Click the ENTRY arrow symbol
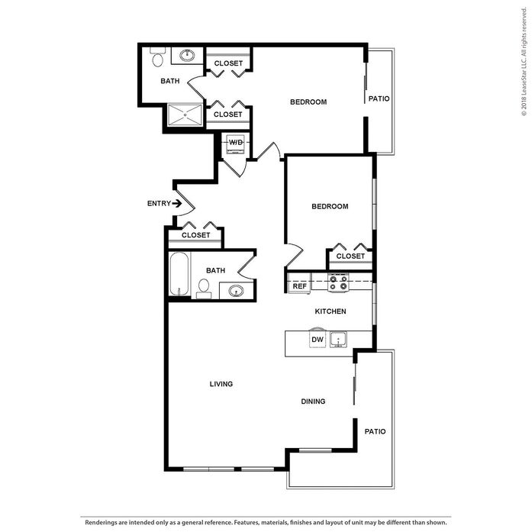coord(177,204)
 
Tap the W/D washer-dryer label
coord(236,142)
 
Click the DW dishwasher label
coord(318,340)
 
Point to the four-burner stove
coord(338,282)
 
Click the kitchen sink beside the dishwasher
coord(338,340)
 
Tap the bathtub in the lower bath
coord(179,274)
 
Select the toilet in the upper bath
coord(157,57)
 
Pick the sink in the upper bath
coord(186,55)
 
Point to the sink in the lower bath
coord(236,291)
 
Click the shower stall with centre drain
coord(185,115)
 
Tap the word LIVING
coord(221,384)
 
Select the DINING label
coord(313,401)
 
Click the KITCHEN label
coord(330,311)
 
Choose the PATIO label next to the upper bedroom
coord(379,98)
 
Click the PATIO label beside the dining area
coord(375,431)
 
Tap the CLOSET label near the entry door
coord(195,235)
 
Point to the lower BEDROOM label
coord(330,206)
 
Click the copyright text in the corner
coord(524,62)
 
